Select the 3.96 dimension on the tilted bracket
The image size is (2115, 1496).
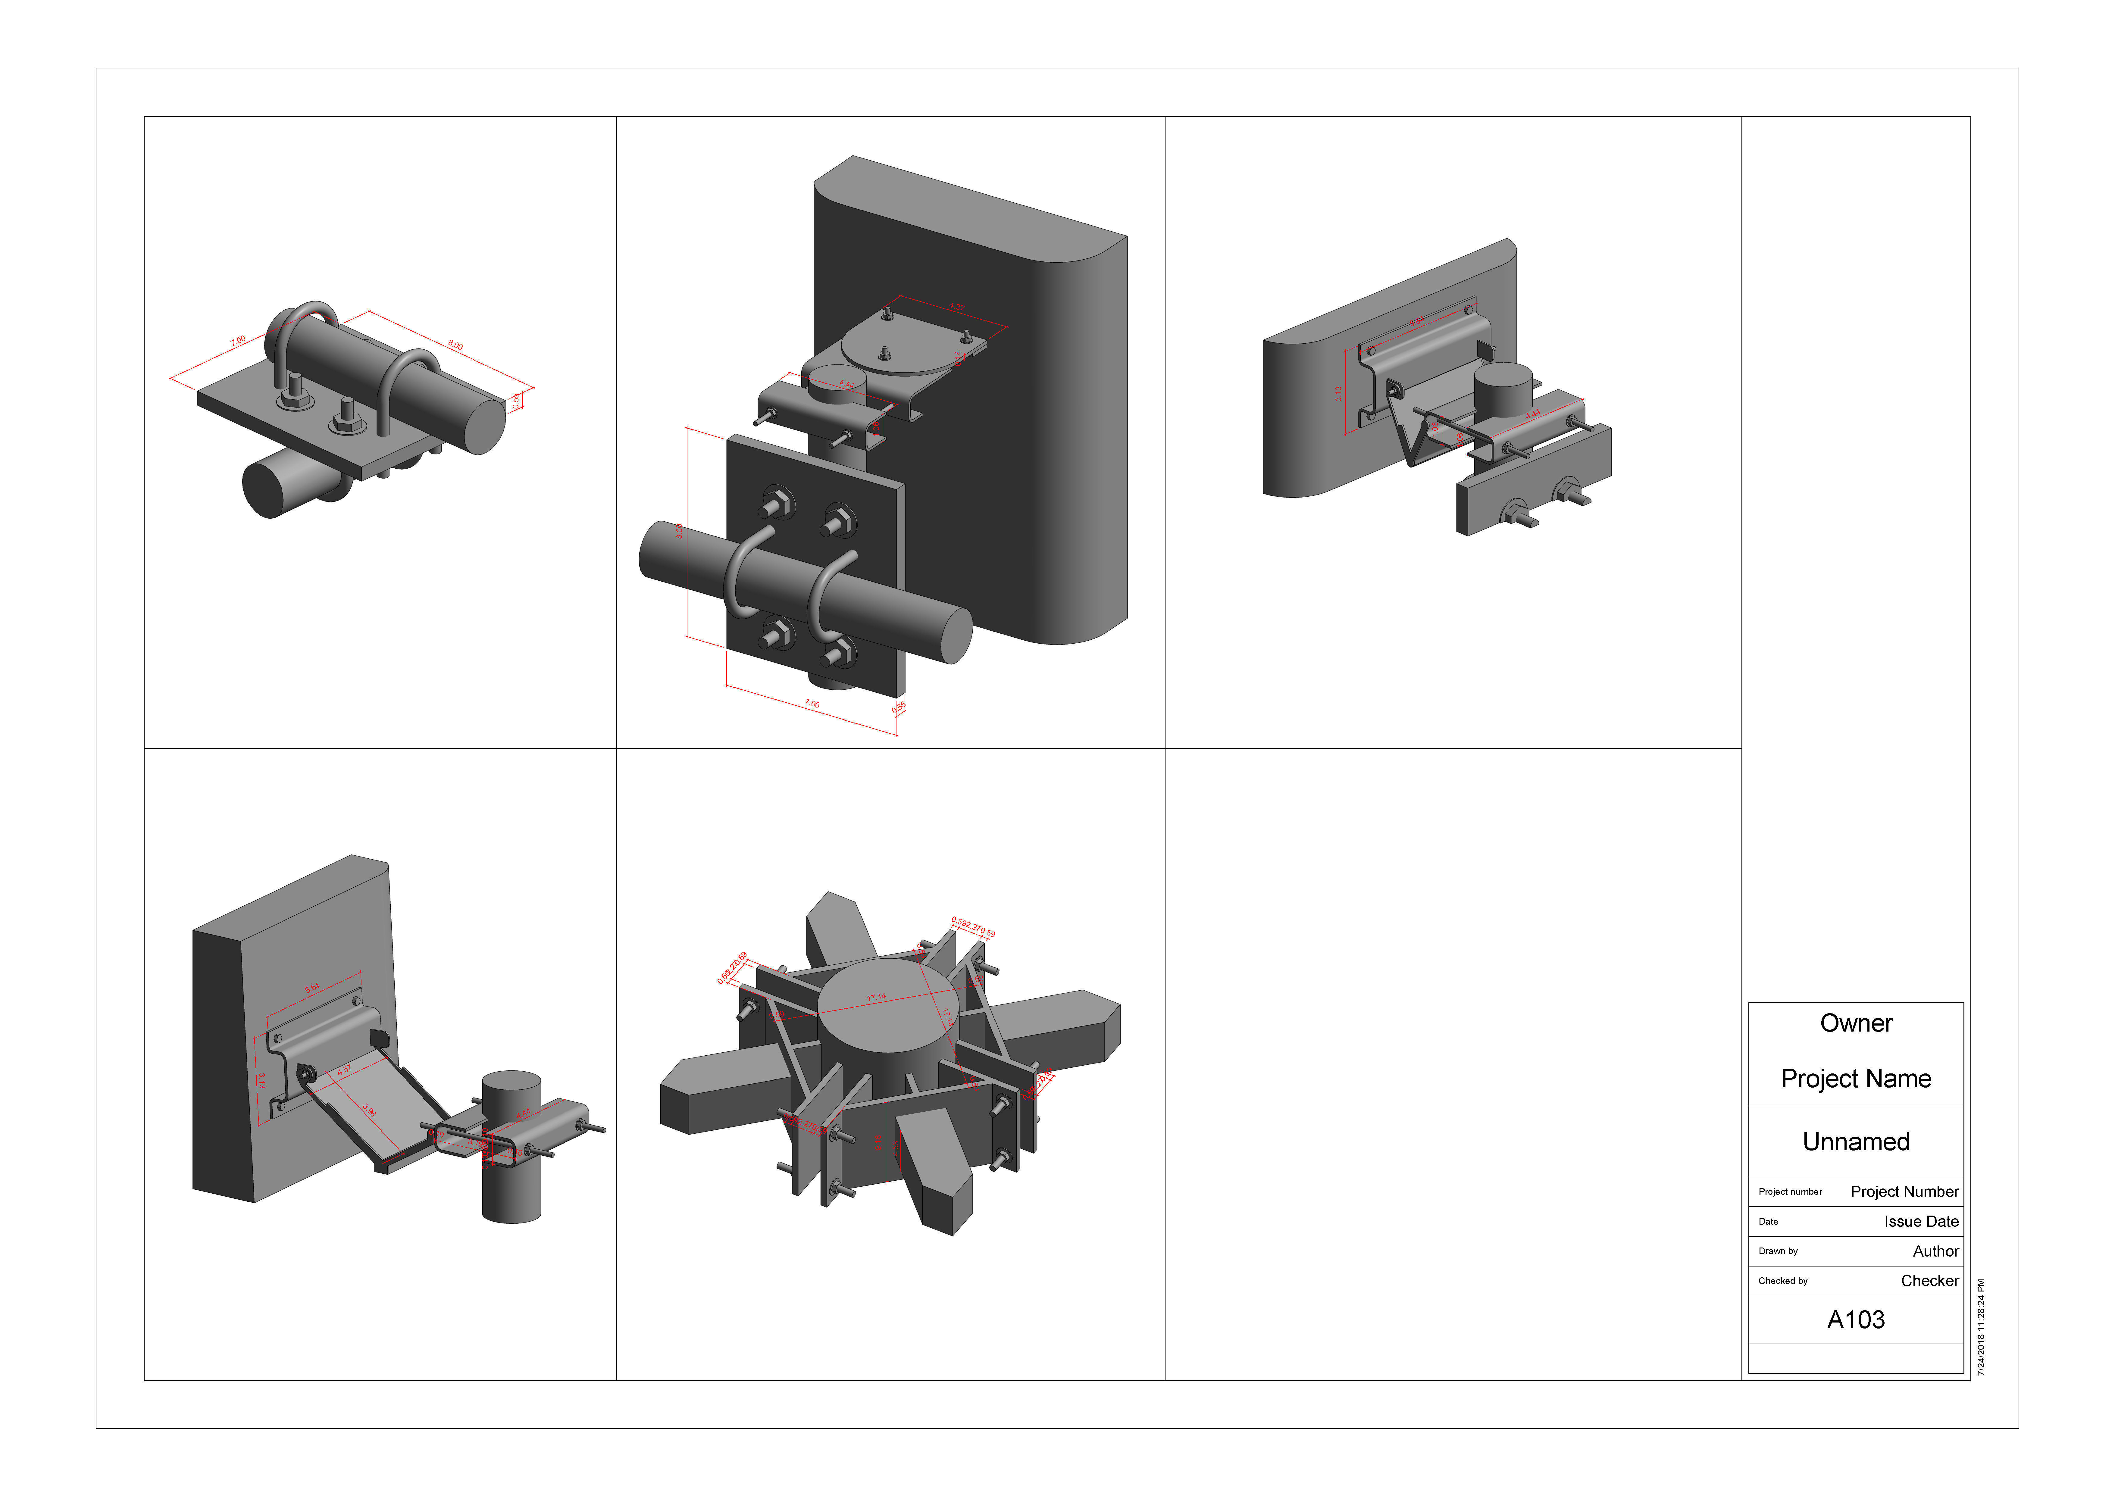click(x=369, y=1111)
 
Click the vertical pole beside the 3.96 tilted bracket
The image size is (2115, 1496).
click(x=512, y=1188)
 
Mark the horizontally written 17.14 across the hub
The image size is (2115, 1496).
click(x=876, y=997)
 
